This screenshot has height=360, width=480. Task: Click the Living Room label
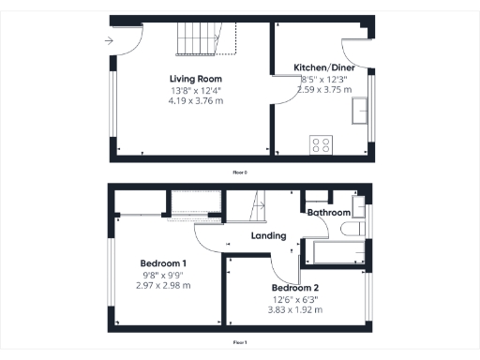click(x=195, y=78)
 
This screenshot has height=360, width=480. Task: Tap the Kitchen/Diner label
click(x=322, y=68)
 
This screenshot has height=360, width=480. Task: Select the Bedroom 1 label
click(x=164, y=262)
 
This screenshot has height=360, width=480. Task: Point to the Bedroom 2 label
click(x=296, y=287)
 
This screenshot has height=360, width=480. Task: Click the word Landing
click(x=268, y=235)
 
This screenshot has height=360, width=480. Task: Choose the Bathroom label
click(x=329, y=212)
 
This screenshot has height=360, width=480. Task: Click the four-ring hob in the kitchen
click(x=322, y=144)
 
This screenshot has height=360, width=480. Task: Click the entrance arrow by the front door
click(x=110, y=41)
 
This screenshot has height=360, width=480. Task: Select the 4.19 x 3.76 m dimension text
click(x=196, y=100)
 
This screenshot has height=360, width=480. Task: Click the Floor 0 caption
click(x=240, y=172)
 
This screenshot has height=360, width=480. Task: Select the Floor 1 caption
click(x=240, y=343)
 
